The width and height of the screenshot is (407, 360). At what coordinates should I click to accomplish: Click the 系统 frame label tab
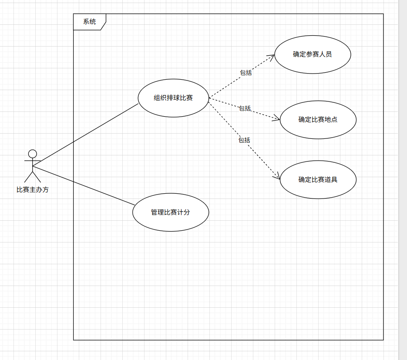[89, 22]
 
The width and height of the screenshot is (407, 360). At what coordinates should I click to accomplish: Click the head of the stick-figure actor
[32, 154]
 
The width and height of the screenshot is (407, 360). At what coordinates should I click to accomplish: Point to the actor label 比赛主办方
[33, 189]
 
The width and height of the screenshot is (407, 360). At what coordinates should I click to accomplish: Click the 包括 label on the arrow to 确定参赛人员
[246, 73]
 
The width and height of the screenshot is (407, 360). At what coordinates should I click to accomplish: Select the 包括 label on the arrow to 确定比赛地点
[245, 108]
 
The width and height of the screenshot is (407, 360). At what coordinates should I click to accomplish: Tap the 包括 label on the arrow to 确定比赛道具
[244, 140]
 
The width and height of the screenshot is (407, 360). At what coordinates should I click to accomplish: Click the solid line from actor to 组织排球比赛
[85, 135]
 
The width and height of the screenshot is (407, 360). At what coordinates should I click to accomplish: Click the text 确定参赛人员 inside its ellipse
[313, 54]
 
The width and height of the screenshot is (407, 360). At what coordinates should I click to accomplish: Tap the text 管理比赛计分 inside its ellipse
[171, 212]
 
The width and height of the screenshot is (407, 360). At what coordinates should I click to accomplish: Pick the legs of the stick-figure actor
[32, 177]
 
